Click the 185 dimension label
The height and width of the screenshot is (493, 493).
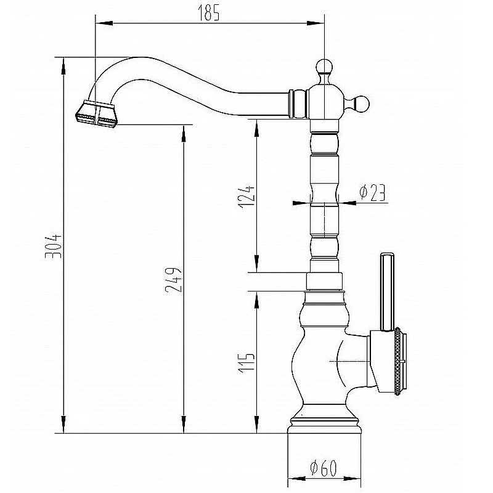208,13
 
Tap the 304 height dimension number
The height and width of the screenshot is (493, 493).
53,246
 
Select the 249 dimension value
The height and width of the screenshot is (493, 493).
173,280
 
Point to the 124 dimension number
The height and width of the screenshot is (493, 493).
246,197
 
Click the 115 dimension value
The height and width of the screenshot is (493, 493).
246,363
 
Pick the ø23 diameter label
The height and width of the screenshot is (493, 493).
373,192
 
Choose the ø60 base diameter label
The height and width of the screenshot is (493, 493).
323,468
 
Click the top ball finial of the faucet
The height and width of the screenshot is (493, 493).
325,68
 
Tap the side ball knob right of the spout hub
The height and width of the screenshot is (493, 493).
360,104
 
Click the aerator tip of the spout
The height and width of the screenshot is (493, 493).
96,114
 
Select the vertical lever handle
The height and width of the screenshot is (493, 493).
387,291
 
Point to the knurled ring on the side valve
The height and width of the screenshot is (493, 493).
397,361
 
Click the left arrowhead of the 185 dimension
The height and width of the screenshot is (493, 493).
104,23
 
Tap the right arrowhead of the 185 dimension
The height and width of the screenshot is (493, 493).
316,23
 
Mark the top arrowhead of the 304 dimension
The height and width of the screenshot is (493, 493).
63,66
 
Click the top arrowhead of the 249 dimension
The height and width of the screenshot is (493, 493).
184,134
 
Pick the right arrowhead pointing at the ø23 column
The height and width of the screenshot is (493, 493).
347,203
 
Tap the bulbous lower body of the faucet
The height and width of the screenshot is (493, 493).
320,362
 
